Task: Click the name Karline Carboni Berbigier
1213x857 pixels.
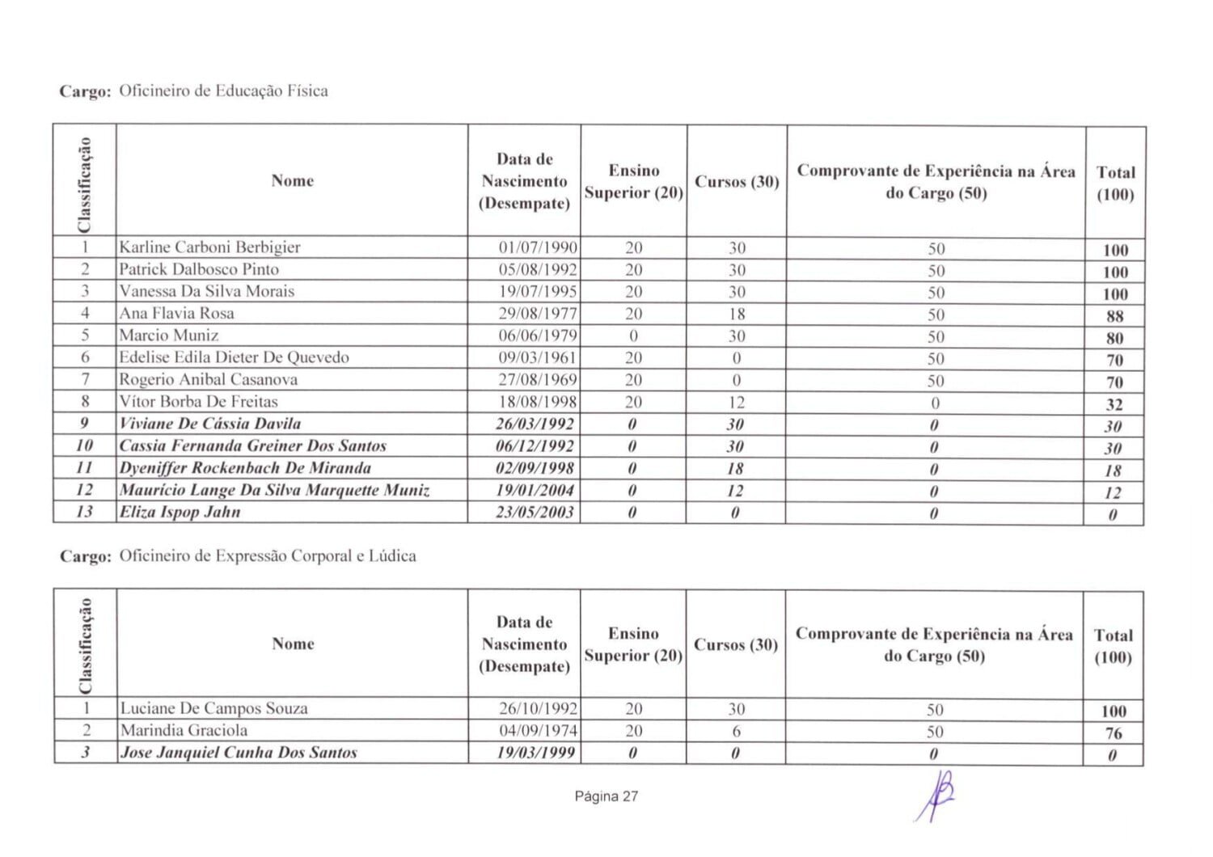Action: click(209, 247)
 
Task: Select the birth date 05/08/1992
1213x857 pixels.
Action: click(538, 269)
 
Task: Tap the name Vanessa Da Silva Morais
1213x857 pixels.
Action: click(207, 291)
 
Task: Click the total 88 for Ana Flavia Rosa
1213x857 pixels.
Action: click(1114, 316)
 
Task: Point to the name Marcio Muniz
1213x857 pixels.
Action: click(169, 335)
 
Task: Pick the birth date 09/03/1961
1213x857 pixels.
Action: click(538, 357)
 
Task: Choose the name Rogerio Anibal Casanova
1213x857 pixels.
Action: click(209, 379)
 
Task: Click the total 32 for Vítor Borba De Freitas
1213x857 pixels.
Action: click(1114, 404)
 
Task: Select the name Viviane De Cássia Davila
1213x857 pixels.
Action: click(210, 424)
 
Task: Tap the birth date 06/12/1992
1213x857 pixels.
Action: click(535, 445)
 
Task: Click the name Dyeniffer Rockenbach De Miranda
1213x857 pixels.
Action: click(246, 468)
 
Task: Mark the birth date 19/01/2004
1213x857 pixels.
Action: click(535, 490)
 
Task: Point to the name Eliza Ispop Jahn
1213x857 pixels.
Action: click(180, 512)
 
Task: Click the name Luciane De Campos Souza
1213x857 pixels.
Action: click(214, 708)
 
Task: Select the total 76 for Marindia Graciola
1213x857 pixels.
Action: click(1114, 733)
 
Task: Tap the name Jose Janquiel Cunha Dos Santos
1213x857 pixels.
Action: click(239, 753)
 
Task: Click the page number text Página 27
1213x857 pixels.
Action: click(606, 796)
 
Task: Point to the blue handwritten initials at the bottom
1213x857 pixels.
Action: click(936, 795)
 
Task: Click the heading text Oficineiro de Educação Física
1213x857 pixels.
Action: click(223, 91)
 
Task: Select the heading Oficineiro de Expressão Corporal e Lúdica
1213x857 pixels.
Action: click(268, 556)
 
